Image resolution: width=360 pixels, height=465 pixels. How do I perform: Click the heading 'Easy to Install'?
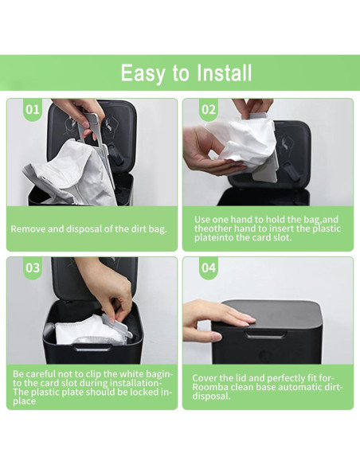[186, 73]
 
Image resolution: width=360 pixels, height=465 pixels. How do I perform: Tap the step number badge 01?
[33, 109]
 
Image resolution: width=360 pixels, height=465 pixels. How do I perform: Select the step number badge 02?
[209, 109]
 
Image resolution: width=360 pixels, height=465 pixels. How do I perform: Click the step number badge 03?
[33, 268]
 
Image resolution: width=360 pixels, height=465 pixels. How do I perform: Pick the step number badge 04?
[209, 268]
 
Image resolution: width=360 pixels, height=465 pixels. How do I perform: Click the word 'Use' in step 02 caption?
[204, 219]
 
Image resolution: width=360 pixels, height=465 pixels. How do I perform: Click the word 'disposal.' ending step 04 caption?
[212, 397]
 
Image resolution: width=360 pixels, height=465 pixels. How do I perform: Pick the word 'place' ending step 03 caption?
[26, 402]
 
